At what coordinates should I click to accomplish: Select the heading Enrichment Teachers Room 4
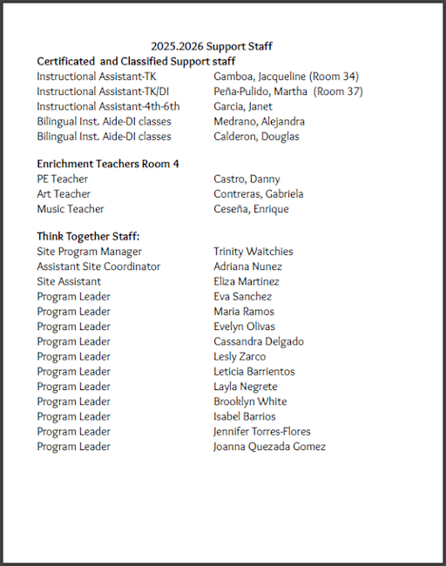[x=108, y=164]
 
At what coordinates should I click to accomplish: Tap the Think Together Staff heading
[x=88, y=236]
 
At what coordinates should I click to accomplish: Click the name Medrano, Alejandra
[x=259, y=121]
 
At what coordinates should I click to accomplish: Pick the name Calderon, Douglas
[x=256, y=136]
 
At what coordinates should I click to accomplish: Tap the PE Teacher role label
[x=62, y=179]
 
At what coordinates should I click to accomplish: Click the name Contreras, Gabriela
[x=258, y=194]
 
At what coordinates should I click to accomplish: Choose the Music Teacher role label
[x=71, y=209]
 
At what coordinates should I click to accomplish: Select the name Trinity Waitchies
[x=253, y=252]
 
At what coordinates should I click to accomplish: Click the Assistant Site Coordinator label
[x=98, y=266]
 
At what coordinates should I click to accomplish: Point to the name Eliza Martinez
[x=247, y=281]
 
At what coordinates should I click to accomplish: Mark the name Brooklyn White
[x=250, y=401]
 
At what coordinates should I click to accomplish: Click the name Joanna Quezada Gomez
[x=269, y=447]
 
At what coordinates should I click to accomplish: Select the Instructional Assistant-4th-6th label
[x=108, y=106]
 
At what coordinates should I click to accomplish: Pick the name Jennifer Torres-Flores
[x=262, y=432]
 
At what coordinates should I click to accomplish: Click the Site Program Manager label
[x=89, y=252]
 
